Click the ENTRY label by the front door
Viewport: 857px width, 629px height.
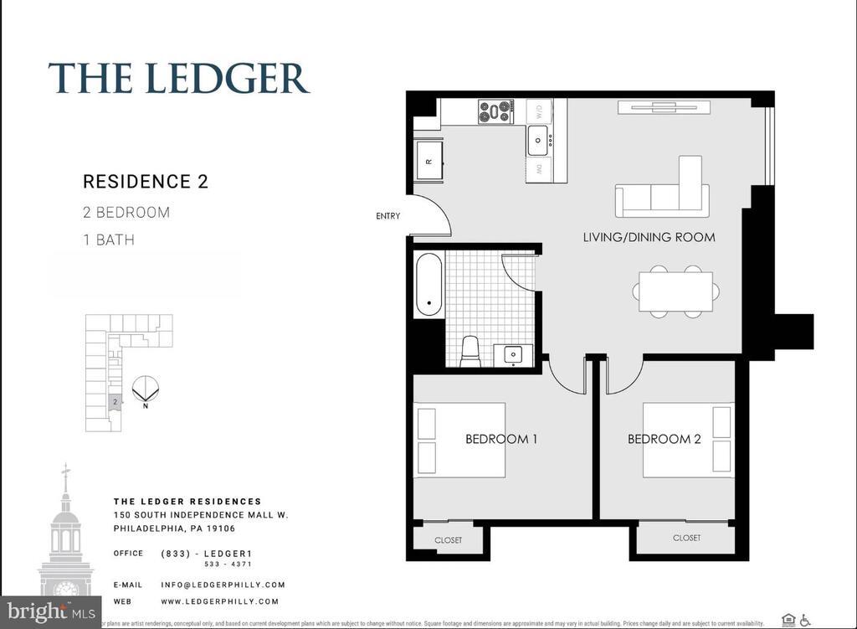387,216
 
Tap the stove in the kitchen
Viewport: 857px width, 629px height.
495,111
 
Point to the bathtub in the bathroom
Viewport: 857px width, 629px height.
429,285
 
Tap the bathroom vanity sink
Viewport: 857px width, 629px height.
511,354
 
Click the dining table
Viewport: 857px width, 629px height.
675,291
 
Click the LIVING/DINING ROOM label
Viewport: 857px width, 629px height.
649,237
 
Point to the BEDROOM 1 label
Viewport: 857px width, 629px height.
501,439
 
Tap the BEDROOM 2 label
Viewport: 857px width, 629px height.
665,439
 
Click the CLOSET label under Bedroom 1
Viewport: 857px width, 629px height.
449,540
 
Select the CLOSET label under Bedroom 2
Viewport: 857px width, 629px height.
686,538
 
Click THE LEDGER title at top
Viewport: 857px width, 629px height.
179,78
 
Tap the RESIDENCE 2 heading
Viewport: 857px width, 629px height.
146,182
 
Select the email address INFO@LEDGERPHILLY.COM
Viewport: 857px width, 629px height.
223,585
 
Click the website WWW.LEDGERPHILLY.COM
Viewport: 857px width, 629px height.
219,601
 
